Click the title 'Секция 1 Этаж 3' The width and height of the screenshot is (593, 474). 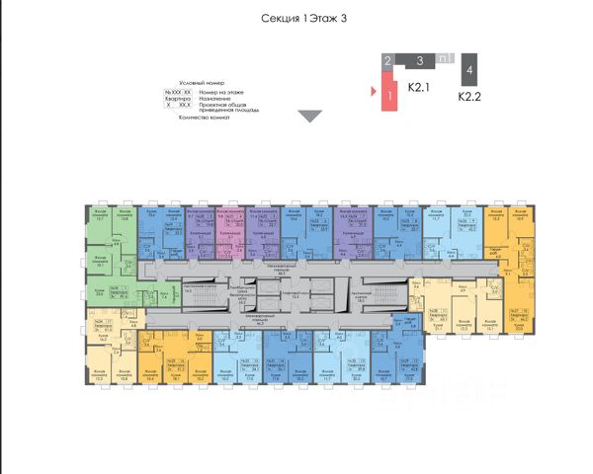point(305,19)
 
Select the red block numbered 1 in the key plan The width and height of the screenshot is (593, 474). point(391,95)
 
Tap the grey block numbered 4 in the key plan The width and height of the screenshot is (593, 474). point(469,75)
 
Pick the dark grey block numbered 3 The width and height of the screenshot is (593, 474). point(419,60)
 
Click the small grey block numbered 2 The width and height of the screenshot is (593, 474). point(388,61)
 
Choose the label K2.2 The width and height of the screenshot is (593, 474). point(469,98)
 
